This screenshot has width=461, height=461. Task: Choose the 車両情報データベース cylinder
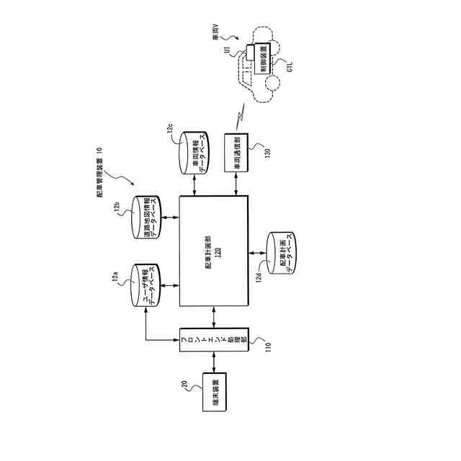pos(195,152)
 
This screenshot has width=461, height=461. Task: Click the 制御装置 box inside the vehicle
pos(264,61)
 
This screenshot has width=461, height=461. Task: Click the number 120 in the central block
pos(218,256)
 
